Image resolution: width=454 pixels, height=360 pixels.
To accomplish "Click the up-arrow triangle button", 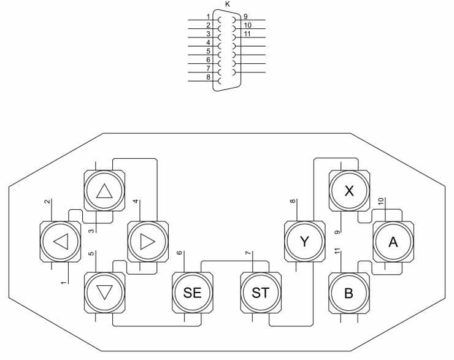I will tap(104, 191).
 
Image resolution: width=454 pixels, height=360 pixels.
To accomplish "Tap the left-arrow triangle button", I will tap(60, 241).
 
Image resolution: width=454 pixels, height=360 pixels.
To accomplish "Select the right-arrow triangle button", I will tap(148, 241).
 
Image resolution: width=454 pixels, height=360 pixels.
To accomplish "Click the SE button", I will tap(192, 292).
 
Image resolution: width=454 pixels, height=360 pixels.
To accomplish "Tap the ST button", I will tap(260, 292).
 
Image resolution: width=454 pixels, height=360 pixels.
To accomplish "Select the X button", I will tap(349, 191).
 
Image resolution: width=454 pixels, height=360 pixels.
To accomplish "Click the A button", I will tap(393, 241).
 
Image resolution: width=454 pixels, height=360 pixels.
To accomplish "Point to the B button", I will tap(349, 293).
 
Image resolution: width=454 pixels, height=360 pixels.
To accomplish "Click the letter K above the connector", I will tap(228, 4).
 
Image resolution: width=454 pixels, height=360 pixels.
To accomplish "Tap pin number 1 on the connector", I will tap(209, 17).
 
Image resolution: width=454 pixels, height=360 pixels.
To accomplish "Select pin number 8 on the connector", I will tap(209, 77).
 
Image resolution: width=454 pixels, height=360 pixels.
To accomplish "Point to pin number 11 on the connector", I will tap(247, 34).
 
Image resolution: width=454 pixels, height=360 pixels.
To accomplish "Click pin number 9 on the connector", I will tap(245, 17).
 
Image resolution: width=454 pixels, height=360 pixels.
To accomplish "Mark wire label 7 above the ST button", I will tap(248, 253).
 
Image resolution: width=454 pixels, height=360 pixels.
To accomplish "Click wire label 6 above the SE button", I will tap(180, 253).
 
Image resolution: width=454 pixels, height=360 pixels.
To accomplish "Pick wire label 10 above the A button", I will tap(381, 201).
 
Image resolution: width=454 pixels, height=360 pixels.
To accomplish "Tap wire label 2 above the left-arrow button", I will tap(47, 202).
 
